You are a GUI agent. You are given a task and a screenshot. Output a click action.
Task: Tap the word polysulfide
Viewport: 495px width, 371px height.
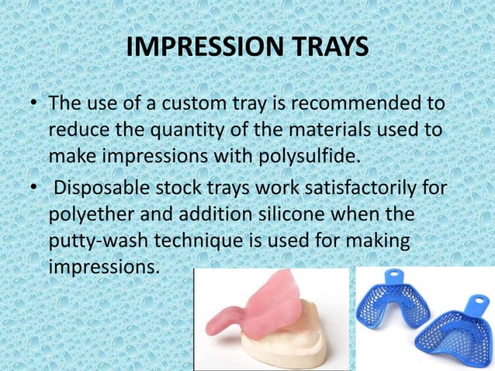pos(310,157)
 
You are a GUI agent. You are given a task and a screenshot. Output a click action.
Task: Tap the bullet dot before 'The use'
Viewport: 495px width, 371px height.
pos(32,105)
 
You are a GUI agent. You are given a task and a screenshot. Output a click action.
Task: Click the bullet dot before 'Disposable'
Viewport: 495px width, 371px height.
pos(32,188)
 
